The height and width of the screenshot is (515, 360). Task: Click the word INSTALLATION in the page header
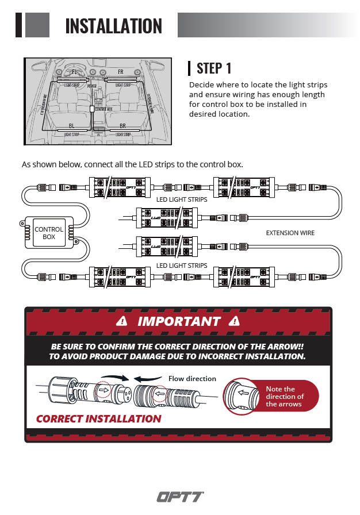point(114,26)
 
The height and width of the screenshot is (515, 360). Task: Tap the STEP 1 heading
point(214,68)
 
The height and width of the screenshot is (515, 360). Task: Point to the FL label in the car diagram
point(74,72)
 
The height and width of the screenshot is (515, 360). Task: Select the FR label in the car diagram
point(121,72)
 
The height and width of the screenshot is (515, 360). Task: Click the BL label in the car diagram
point(71,125)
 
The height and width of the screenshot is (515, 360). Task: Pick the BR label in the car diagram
point(122,125)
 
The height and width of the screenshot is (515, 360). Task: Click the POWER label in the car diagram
point(92,86)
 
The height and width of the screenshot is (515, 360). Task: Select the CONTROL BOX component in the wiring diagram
point(49,233)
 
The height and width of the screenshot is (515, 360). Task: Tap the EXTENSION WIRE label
point(290,233)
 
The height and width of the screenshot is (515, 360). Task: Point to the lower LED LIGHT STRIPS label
point(182,266)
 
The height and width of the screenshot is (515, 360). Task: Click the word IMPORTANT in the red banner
point(179,321)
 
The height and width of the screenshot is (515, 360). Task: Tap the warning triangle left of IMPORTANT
point(121,321)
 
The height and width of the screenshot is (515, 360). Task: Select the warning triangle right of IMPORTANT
point(234,321)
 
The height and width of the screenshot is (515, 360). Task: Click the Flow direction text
point(192,379)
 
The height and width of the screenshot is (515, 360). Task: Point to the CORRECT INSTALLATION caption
point(98,418)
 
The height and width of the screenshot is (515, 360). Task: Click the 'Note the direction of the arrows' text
point(284,397)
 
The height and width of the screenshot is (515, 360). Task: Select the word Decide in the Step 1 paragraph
point(202,85)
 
